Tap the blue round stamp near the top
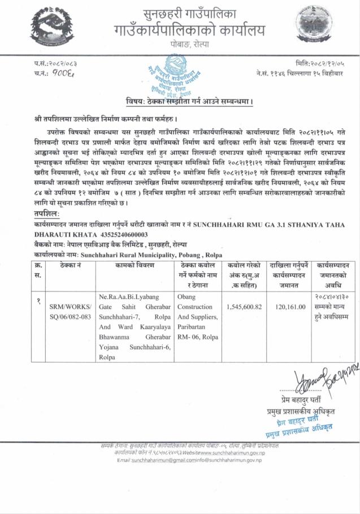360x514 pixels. (x=181, y=78)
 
